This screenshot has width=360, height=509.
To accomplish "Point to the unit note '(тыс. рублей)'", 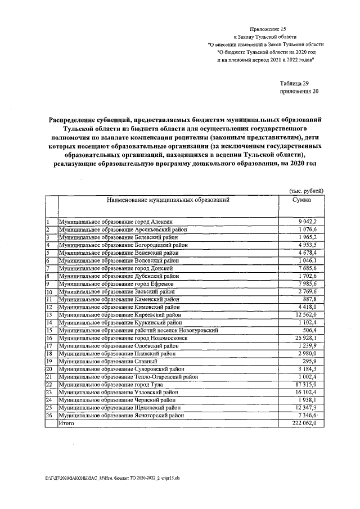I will (x=305, y=191).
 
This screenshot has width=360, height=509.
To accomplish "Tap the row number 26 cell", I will (x=49, y=415).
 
